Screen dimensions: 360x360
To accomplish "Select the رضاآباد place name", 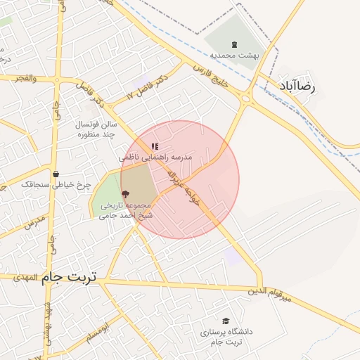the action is point(304,87).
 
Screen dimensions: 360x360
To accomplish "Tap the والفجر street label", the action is point(27,78).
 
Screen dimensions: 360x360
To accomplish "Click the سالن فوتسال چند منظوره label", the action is point(95,129).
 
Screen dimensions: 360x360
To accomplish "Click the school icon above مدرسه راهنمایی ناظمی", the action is point(155,146).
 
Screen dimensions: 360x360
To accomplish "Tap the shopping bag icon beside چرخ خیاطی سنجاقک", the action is point(56,174).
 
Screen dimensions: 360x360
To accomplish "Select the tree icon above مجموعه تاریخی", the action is point(126,194).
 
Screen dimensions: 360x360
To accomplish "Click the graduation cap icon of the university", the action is point(225,321).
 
